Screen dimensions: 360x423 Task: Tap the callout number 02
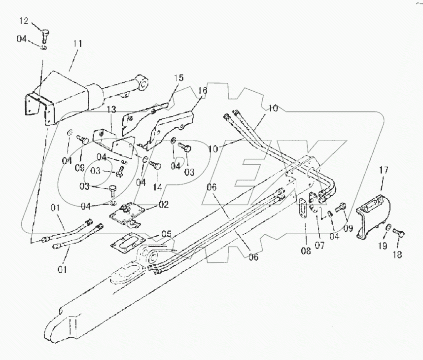pos(163,204)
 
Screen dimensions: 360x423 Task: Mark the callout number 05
pos(168,234)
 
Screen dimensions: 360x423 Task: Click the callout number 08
pos(306,251)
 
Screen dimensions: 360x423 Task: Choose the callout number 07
pos(319,244)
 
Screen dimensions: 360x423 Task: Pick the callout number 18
pos(397,254)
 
